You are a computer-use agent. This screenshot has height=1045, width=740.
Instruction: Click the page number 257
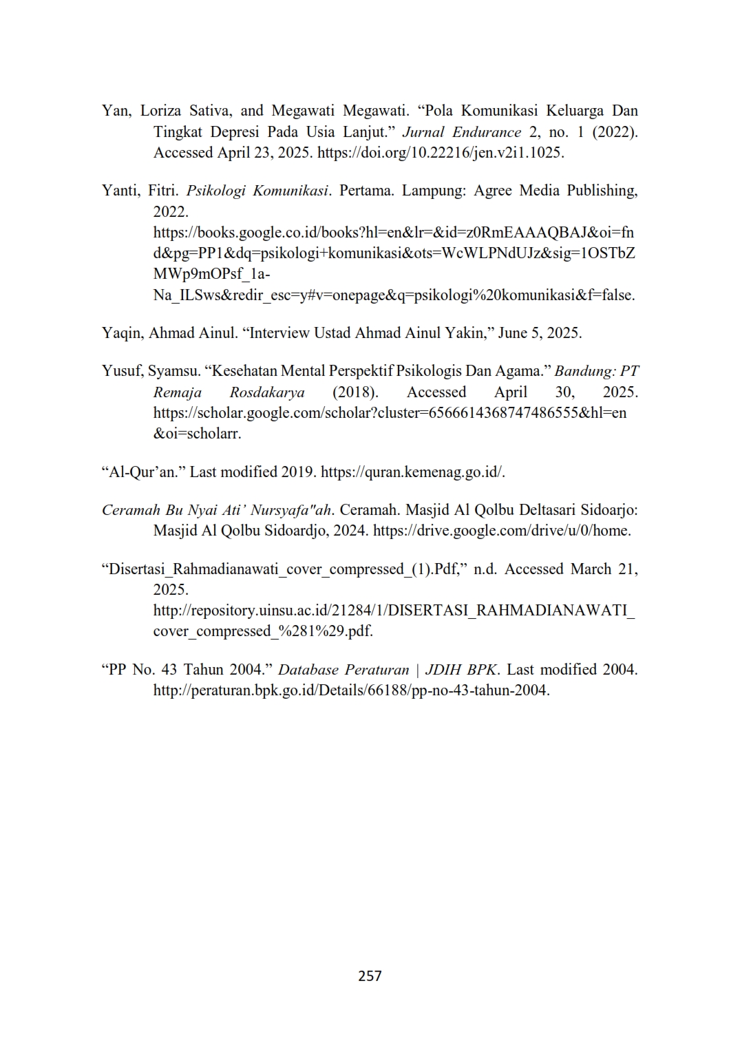click(370, 975)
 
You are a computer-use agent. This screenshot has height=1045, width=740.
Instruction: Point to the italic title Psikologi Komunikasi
click(257, 191)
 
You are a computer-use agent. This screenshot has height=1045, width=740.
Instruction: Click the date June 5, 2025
click(540, 333)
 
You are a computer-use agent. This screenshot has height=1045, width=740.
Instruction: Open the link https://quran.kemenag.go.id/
click(413, 472)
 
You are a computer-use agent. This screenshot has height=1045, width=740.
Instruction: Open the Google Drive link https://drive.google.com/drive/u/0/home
click(502, 531)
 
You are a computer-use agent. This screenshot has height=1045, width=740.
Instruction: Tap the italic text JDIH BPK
click(461, 670)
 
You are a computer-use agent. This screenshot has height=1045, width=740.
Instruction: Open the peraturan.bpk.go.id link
click(351, 690)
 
